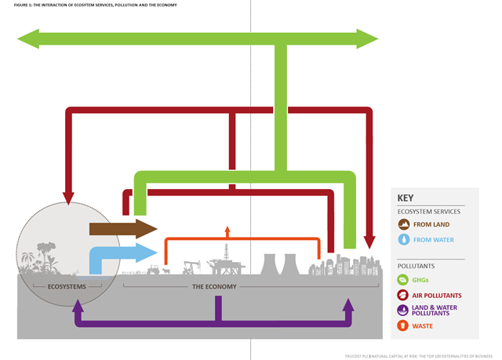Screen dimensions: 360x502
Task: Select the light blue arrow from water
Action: [x=122, y=253]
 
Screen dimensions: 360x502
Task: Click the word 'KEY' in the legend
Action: [x=406, y=198]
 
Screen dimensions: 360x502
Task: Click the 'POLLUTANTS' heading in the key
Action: [x=418, y=266]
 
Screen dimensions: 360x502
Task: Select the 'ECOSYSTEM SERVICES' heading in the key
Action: [x=428, y=212]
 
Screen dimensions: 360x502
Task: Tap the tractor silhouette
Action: [x=152, y=270]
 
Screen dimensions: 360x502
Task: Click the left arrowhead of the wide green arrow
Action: [x=28, y=37]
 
